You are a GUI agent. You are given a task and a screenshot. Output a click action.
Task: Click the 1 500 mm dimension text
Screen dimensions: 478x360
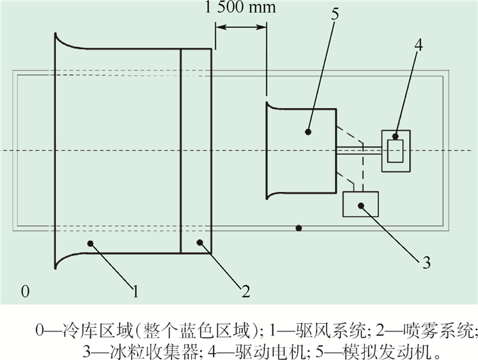tap(240, 8)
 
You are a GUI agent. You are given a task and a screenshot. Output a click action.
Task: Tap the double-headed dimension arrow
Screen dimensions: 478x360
tap(242, 27)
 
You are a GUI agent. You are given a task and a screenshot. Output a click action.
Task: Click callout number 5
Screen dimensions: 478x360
tap(335, 14)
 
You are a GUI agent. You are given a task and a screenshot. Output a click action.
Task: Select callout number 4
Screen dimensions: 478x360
tap(419, 45)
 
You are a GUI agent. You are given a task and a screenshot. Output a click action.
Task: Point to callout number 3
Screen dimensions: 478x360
tap(427, 262)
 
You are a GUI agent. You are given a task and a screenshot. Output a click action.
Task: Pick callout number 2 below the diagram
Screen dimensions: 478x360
tap(246, 291)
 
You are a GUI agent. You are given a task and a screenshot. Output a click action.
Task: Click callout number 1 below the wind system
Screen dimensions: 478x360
tap(136, 291)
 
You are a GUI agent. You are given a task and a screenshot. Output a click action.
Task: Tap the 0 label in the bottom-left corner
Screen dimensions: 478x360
tap(25, 291)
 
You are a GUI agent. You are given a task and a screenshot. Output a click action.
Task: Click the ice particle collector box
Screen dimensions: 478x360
tap(361, 204)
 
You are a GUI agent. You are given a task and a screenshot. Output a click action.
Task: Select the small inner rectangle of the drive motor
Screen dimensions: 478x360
tap(395, 151)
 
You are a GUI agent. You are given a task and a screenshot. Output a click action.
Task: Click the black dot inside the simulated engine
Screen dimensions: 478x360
tap(308, 132)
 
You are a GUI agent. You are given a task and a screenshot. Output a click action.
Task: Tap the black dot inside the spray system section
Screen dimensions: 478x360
tap(199, 243)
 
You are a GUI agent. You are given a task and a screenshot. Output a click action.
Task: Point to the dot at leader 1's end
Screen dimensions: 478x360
tap(90, 243)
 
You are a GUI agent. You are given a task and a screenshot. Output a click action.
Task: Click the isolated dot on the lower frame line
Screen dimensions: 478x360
tap(299, 228)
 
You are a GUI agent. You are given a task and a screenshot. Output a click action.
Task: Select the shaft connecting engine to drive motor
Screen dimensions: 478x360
tap(359, 150)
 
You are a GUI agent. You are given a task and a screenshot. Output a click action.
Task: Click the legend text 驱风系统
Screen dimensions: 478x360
tap(331, 331)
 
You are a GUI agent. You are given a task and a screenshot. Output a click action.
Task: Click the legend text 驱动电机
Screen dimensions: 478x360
tap(270, 352)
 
